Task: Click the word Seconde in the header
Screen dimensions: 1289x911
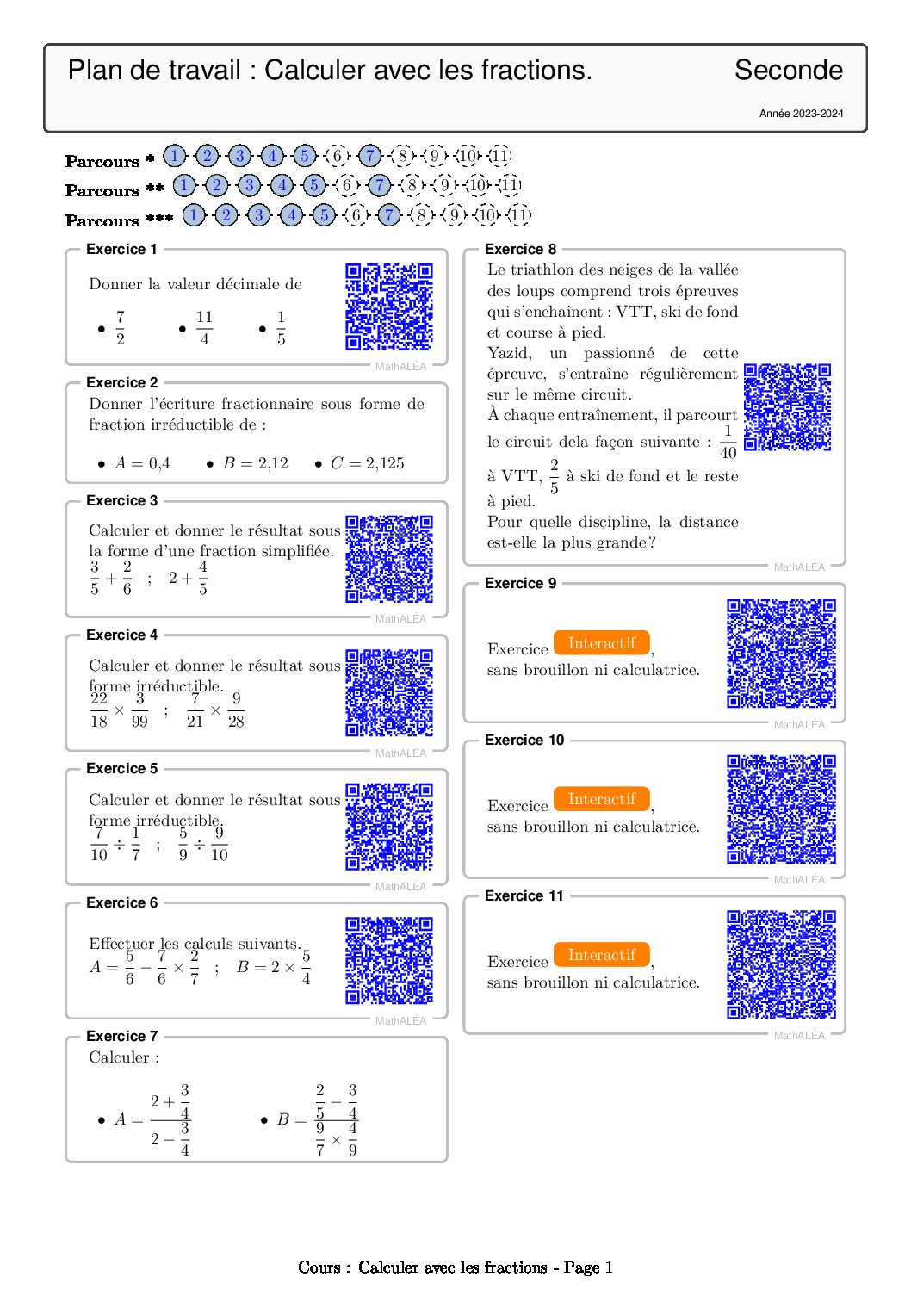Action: [788, 71]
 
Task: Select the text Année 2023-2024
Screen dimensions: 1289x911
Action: [801, 114]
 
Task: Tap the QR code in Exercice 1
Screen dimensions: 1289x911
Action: [388, 307]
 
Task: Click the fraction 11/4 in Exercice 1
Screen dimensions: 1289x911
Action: [204, 328]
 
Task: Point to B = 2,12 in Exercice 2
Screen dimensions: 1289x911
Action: [255, 463]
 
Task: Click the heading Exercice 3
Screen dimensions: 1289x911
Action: [121, 501]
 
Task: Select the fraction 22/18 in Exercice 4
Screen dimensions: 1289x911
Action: [99, 710]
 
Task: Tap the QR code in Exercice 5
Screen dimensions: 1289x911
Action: [388, 827]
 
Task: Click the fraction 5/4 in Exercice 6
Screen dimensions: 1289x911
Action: [306, 967]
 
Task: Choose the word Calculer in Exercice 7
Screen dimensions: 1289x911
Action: [119, 1057]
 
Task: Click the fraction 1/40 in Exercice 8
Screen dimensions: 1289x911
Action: [728, 442]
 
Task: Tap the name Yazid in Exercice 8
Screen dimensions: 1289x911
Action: [509, 353]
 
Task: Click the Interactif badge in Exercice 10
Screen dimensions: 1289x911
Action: [602, 799]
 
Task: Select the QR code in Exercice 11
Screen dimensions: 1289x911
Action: [781, 964]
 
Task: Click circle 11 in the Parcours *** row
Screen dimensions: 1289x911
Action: [519, 215]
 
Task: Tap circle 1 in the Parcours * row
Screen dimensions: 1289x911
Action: [174, 156]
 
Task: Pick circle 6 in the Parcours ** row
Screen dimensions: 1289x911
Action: [347, 185]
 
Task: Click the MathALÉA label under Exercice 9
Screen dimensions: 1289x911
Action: [799, 725]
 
